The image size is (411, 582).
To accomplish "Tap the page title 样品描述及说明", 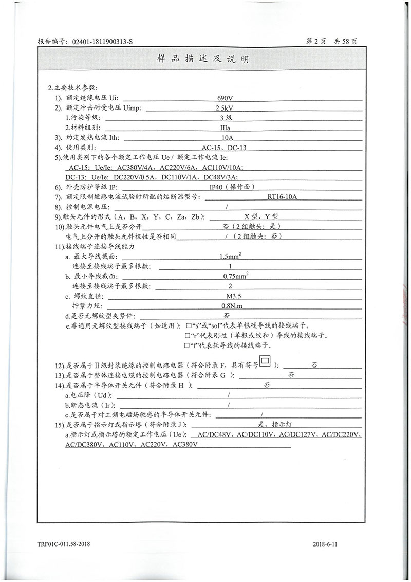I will [205, 60].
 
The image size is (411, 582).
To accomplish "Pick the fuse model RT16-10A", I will [282, 196].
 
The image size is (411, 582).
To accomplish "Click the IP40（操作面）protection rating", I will [232, 187].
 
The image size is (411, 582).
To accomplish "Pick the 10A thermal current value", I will [228, 138].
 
